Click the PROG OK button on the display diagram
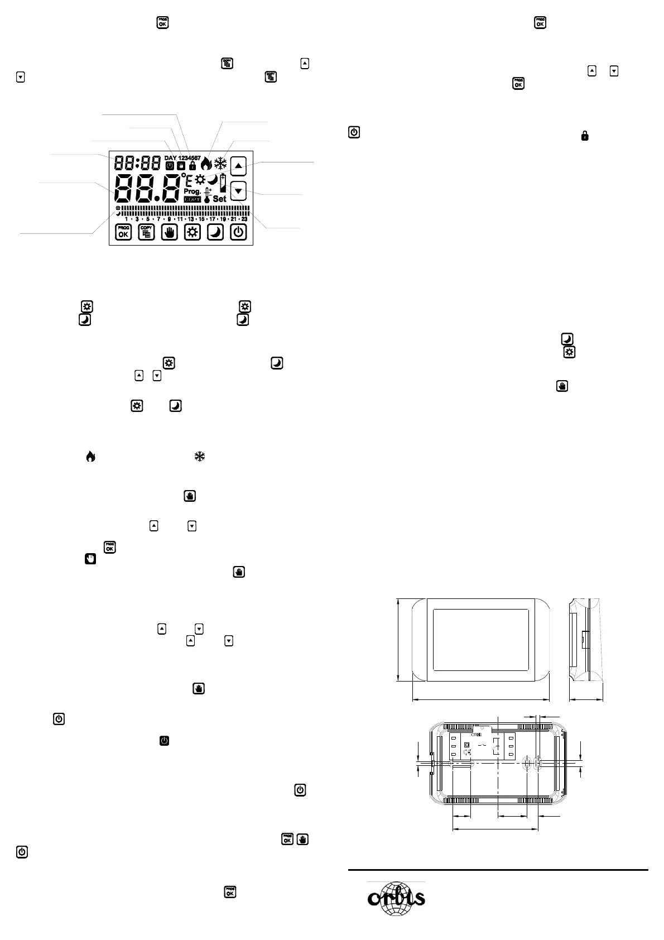(x=123, y=232)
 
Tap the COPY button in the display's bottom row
(x=146, y=232)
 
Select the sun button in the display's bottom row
(x=193, y=232)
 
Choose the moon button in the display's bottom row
(x=215, y=232)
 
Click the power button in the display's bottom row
(x=238, y=232)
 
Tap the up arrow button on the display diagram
(x=239, y=165)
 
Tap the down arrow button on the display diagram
(x=239, y=191)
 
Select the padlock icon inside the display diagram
(x=193, y=166)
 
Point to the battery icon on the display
(x=224, y=183)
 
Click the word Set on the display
(x=220, y=199)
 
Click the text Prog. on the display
(x=192, y=191)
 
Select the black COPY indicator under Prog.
(x=192, y=199)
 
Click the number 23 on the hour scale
(x=244, y=219)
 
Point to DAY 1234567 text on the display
(x=182, y=158)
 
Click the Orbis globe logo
(x=396, y=898)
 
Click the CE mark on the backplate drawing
(x=467, y=751)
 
